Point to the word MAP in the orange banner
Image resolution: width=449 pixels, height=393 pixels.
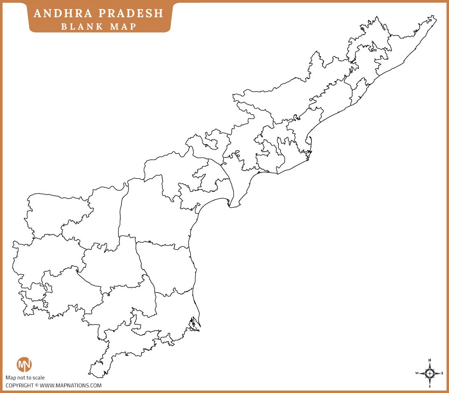click(x=122, y=26)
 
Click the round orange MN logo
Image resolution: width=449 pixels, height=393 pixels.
click(x=24, y=365)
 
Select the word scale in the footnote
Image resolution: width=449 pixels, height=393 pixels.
click(x=38, y=378)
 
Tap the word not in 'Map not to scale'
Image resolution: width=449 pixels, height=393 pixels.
click(x=21, y=378)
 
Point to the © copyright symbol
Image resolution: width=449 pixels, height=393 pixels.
click(x=37, y=386)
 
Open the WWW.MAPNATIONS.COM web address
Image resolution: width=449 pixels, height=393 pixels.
click(x=70, y=386)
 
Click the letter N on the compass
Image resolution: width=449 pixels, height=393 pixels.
click(x=430, y=360)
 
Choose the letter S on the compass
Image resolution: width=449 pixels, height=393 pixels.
click(x=430, y=386)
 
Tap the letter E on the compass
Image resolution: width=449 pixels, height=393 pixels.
click(x=442, y=373)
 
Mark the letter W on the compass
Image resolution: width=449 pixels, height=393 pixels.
click(x=417, y=373)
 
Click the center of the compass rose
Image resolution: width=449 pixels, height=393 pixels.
click(x=430, y=373)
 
